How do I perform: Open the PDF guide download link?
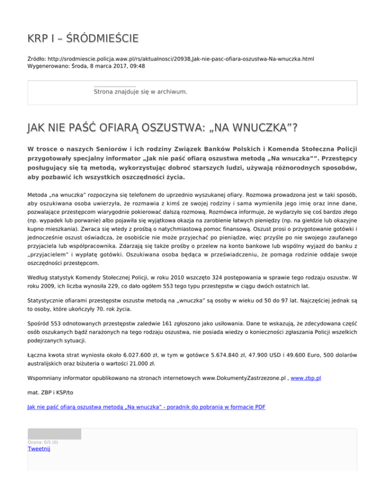click(x=146, y=407)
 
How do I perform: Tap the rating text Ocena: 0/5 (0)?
click(x=43, y=442)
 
